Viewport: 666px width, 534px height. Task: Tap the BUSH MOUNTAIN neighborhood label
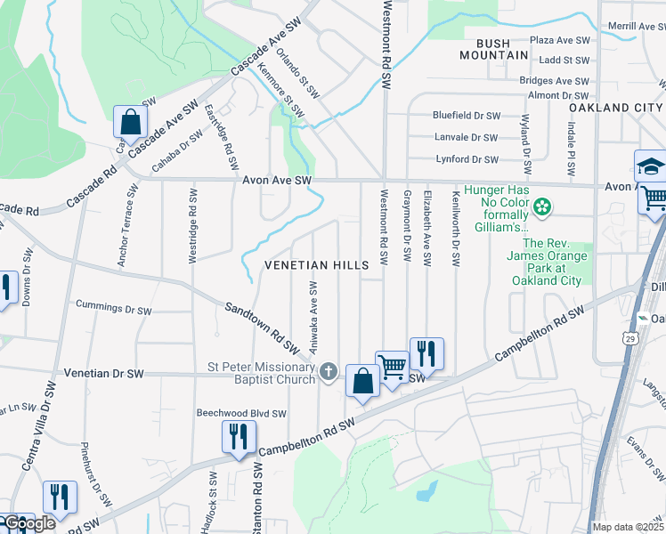493,49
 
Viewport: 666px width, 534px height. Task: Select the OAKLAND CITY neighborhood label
616,108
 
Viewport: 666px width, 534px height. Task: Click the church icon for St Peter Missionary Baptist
329,371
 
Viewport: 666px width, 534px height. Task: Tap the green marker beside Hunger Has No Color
540,209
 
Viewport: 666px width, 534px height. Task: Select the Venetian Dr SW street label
104,375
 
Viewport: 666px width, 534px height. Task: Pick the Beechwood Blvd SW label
241,414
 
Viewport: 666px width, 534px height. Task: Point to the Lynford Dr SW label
467,159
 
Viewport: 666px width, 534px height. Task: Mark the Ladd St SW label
564,61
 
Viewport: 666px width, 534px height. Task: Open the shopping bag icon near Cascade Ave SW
131,122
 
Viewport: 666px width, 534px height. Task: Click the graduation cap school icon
651,166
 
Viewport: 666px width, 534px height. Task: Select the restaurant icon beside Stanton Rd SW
239,436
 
